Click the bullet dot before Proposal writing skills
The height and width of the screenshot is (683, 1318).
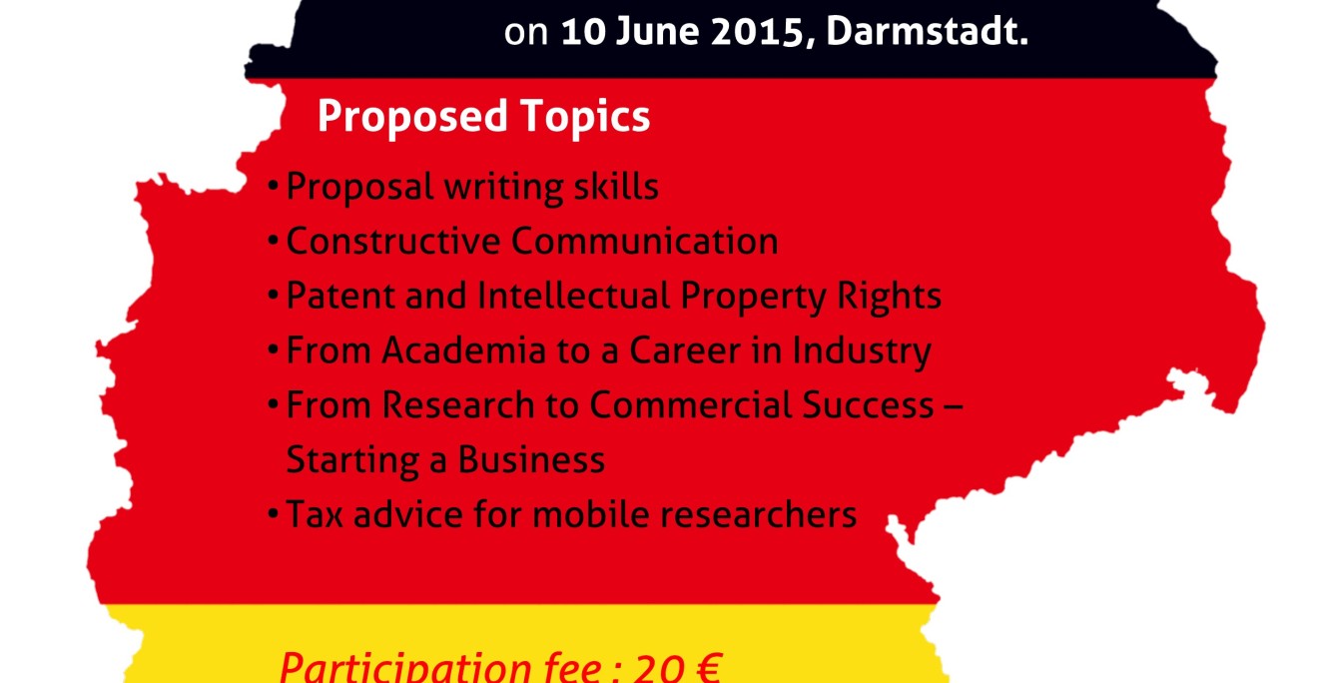click(x=274, y=188)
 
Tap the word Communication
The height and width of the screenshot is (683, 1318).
click(x=645, y=242)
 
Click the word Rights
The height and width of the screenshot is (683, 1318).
click(x=892, y=297)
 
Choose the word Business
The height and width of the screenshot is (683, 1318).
click(x=531, y=460)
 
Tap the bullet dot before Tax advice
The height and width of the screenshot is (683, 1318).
click(x=274, y=515)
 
